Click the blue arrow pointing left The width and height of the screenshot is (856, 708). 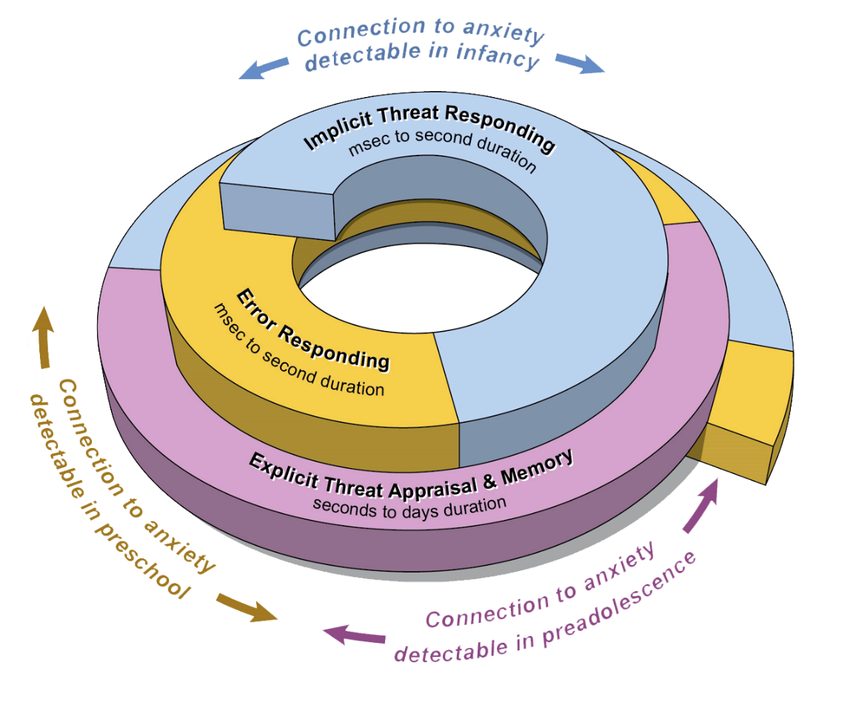(x=262, y=68)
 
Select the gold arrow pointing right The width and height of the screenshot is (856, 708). (x=247, y=607)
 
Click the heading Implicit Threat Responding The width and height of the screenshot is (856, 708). (x=430, y=130)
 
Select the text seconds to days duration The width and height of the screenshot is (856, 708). (x=410, y=505)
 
